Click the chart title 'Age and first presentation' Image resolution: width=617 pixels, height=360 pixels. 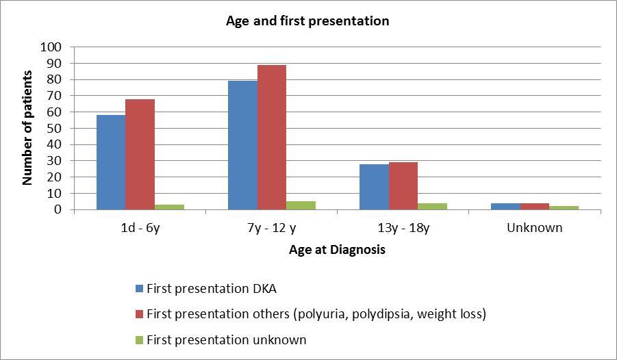tap(307, 21)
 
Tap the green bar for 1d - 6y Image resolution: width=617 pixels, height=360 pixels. tap(169, 207)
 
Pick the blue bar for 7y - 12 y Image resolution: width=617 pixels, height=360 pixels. tap(242, 145)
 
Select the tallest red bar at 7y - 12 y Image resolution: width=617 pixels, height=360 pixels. tap(271, 137)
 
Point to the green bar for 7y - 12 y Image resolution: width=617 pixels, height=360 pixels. tap(301, 205)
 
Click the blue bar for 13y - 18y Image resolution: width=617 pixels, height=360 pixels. tap(374, 187)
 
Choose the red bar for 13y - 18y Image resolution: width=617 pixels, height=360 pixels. tap(403, 186)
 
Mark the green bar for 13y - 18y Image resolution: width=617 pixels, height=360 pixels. tap(432, 206)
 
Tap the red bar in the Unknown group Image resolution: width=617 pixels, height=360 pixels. tap(534, 206)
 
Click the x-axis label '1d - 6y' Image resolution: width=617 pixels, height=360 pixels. tap(140, 228)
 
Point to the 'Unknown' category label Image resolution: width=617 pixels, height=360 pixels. tap(534, 228)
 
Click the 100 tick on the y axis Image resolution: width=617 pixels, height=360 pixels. tap(51, 47)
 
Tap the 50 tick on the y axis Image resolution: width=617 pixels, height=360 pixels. tap(54, 129)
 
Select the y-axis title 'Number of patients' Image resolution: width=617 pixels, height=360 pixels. tap(27, 128)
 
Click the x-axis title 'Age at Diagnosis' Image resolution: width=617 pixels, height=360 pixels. tap(337, 250)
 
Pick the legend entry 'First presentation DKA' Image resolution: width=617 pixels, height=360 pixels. tap(212, 289)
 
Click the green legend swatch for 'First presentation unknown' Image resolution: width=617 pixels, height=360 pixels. tap(140, 340)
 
